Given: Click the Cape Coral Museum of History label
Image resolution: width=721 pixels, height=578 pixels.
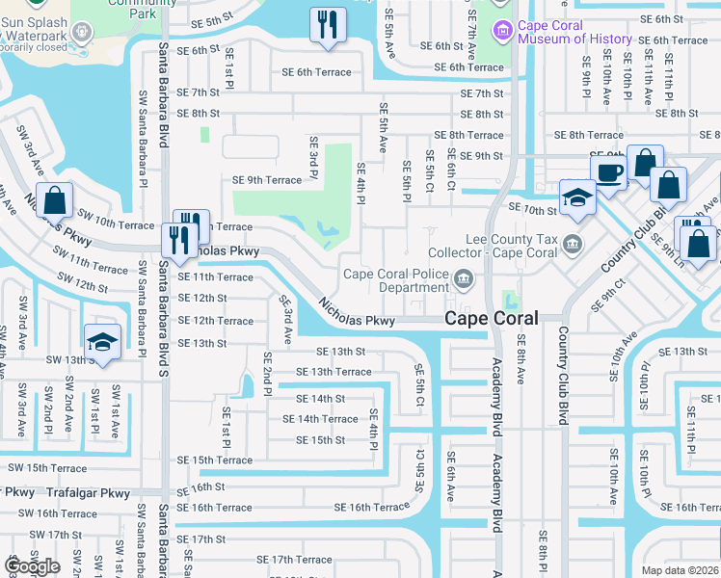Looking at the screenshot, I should pyautogui.click(x=574, y=32).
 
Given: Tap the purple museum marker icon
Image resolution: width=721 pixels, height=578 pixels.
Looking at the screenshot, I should pyautogui.click(x=501, y=32).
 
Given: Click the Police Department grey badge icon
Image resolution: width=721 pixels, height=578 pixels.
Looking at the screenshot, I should pyautogui.click(x=464, y=280).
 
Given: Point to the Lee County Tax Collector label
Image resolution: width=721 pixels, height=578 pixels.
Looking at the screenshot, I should pyautogui.click(x=512, y=245).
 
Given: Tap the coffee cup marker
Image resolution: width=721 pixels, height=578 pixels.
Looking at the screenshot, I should pyautogui.click(x=608, y=174).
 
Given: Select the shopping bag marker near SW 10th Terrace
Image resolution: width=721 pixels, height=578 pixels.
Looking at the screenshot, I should pyautogui.click(x=56, y=200).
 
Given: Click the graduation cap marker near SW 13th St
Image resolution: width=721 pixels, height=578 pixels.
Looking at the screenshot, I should pyautogui.click(x=101, y=342).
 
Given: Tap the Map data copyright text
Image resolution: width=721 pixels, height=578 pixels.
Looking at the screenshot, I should pyautogui.click(x=680, y=570).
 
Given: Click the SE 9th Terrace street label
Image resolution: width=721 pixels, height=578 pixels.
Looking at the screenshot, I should pyautogui.click(x=267, y=179).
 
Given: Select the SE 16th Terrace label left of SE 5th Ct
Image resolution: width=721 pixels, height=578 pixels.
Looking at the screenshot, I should pyautogui.click(x=372, y=508).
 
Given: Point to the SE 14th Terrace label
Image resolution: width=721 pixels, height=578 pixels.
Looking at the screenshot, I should pyautogui.click(x=320, y=419).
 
